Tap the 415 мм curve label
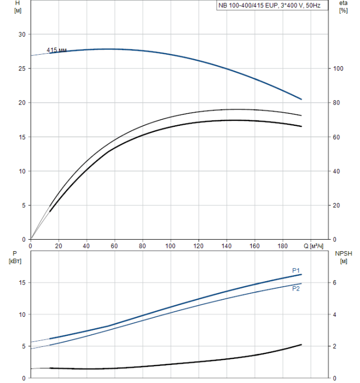click(56, 50)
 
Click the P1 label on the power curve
click(295, 270)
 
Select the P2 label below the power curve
click(296, 288)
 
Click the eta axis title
click(343, 3)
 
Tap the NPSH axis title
click(346, 253)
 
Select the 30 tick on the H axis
click(22, 34)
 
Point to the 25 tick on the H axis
click(22, 69)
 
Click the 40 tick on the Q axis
click(86, 246)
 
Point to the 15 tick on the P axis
click(22, 283)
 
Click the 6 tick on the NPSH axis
click(335, 283)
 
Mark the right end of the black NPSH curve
click(301, 345)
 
